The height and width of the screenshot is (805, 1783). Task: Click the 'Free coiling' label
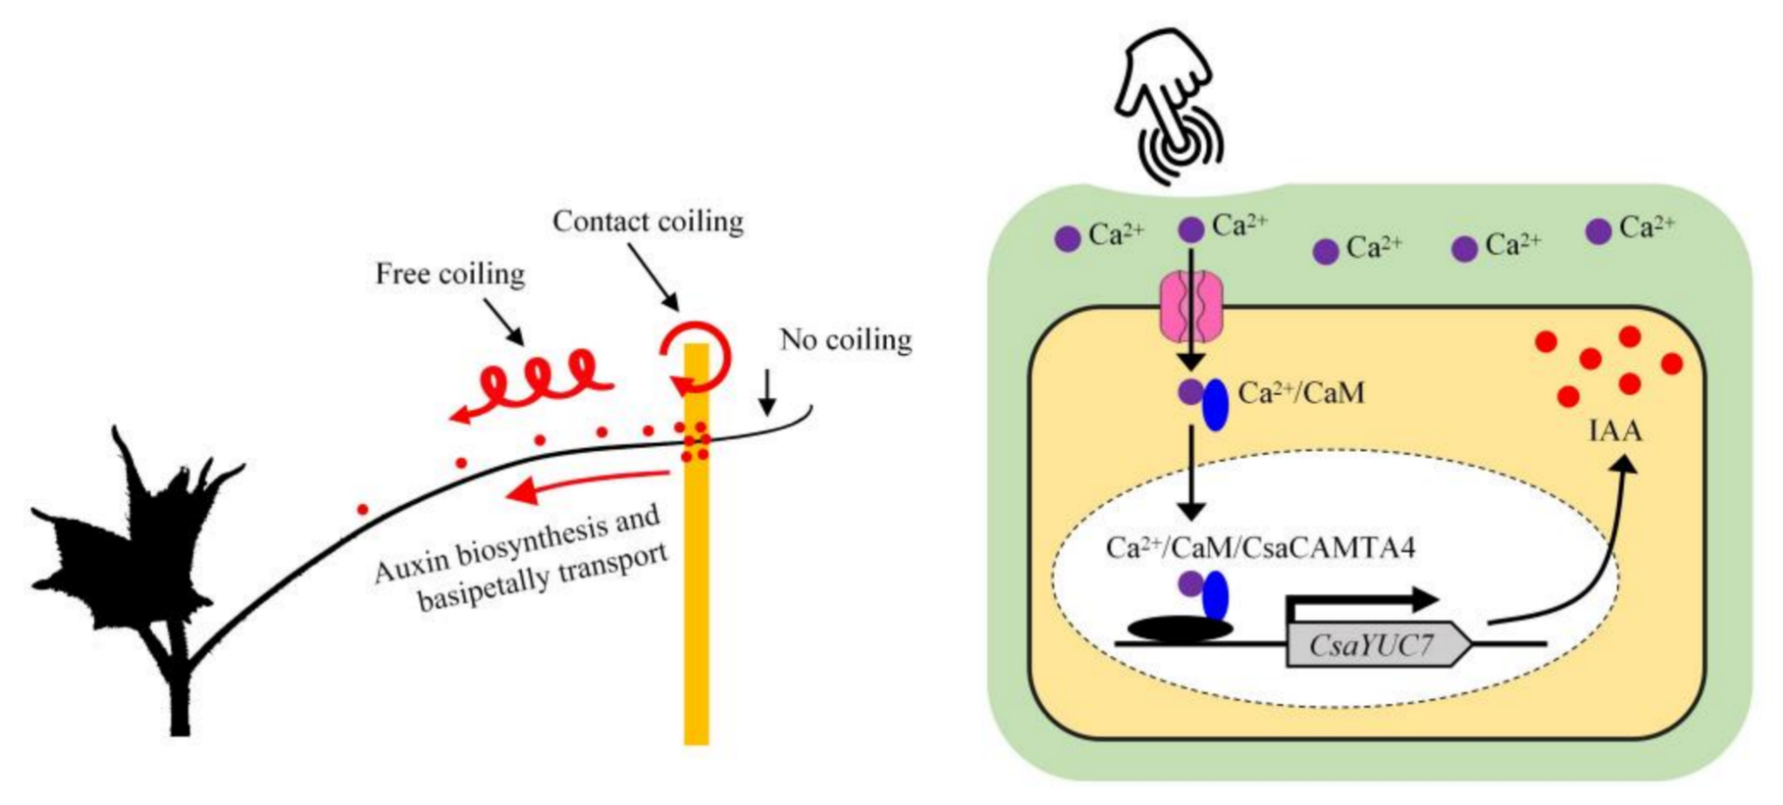[x=450, y=274]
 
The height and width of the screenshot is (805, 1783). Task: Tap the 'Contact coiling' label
[x=649, y=221]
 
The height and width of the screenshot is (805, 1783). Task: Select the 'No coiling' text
[x=845, y=339]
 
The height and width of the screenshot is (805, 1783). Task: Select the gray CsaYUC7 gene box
[x=1378, y=646]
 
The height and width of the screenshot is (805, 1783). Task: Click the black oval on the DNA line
[x=1180, y=629]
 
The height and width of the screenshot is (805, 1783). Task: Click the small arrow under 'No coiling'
[x=767, y=393]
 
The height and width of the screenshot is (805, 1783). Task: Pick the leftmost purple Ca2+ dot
[x=1067, y=239]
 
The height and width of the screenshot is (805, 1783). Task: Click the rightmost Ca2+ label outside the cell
[x=1646, y=227]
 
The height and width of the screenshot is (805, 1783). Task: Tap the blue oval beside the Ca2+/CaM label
[x=1215, y=404]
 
